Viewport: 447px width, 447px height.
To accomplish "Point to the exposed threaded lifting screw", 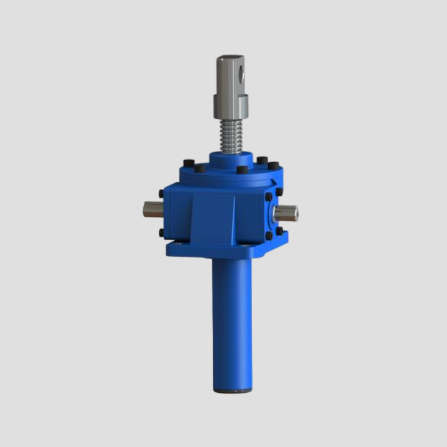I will (x=231, y=136).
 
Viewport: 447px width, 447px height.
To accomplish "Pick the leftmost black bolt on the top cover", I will (x=188, y=163).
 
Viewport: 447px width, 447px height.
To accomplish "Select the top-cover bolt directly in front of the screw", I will (x=242, y=170).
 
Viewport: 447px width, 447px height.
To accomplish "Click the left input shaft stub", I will (x=153, y=209).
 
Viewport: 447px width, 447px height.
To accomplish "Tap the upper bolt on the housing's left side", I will (x=162, y=194).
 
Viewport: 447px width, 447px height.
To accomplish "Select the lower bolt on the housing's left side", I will (x=162, y=232).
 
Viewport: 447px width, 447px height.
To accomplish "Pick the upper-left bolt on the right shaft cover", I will (x=269, y=197).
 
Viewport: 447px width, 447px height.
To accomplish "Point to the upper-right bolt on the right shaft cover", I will (x=279, y=191).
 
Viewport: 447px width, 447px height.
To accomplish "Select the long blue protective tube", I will (x=231, y=322).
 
